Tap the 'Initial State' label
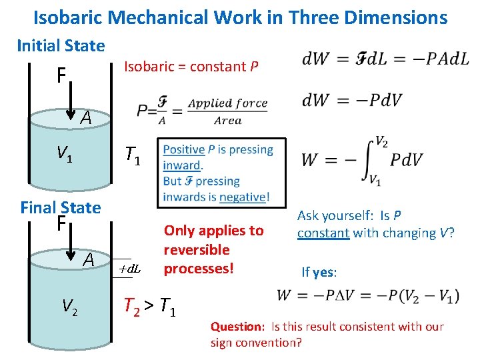[x=61, y=46]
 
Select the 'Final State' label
[x=61, y=207]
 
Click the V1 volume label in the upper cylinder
[x=64, y=157]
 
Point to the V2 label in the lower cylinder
[x=68, y=306]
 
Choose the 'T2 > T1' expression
[x=150, y=307]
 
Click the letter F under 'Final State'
[x=61, y=223]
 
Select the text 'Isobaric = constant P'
[x=191, y=67]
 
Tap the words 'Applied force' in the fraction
[x=227, y=103]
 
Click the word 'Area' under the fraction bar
[x=227, y=120]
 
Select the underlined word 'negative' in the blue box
[x=242, y=197]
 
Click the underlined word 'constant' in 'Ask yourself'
[x=323, y=233]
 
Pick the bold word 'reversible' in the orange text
[x=197, y=250]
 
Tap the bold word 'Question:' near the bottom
[x=238, y=327]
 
